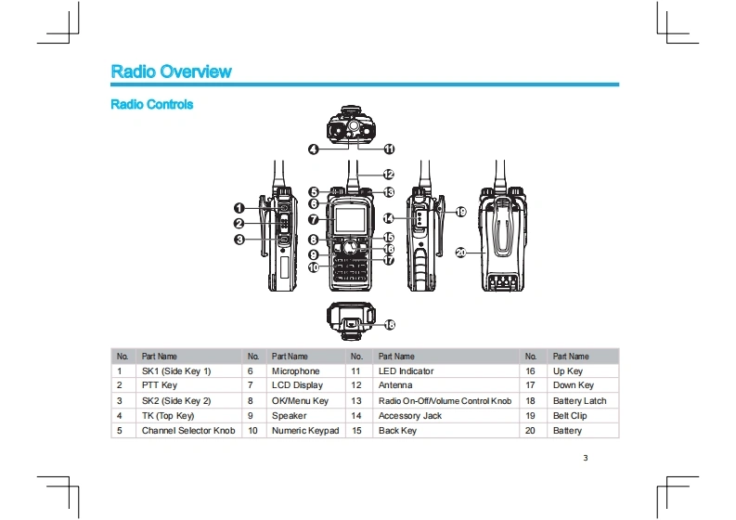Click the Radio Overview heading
coord(172,71)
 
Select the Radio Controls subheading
coord(151,104)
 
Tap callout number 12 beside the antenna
coord(388,175)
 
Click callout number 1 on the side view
coord(239,208)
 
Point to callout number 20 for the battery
coord(461,253)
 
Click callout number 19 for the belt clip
coord(461,212)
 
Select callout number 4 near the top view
coord(313,149)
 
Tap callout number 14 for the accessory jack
coord(388,218)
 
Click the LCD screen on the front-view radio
coord(350,219)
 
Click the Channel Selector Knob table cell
coord(188,430)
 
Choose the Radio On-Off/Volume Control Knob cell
coord(445,401)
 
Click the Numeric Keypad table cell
coord(305,430)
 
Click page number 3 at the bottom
coord(586,458)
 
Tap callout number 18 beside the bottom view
coord(389,325)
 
